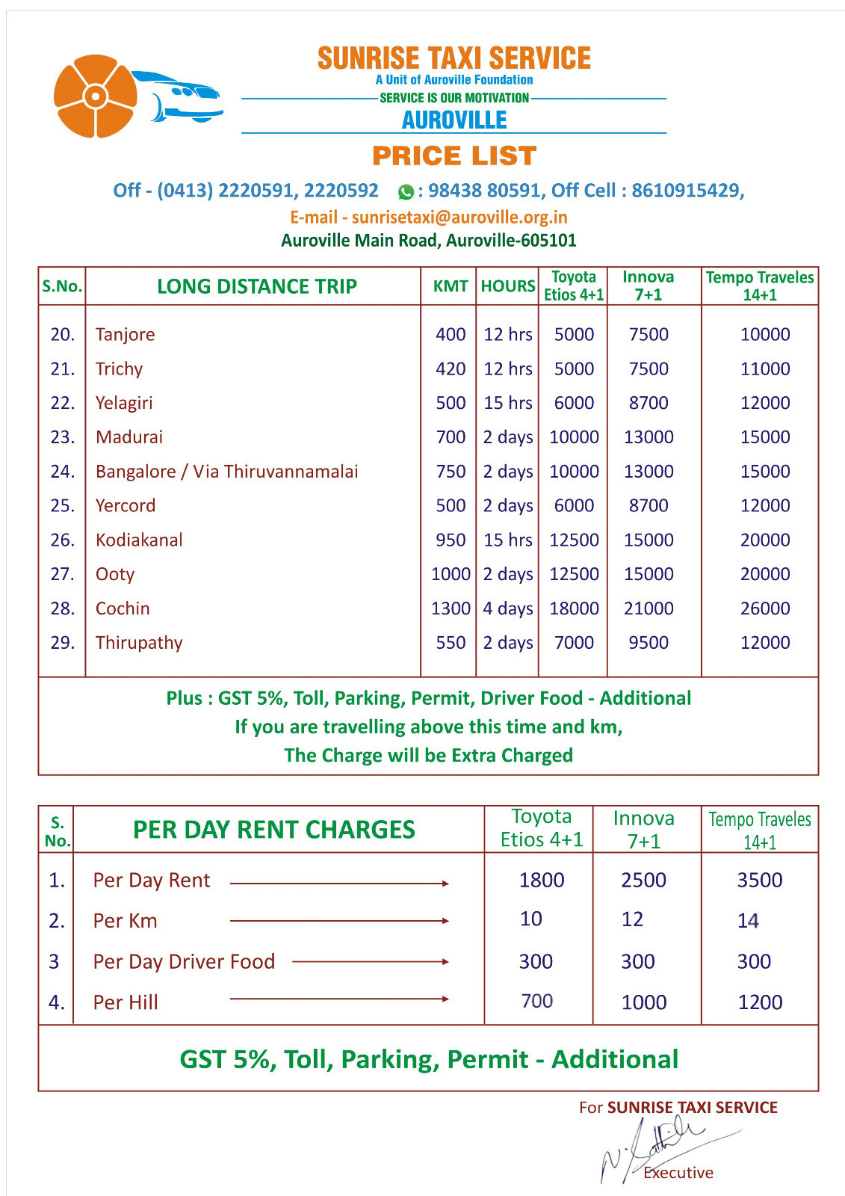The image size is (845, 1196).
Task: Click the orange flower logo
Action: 96,96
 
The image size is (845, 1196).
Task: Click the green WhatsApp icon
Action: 406,192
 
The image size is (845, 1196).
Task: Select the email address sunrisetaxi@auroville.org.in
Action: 459,218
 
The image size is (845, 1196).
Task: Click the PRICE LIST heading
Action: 454,156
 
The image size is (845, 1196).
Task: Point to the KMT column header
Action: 451,286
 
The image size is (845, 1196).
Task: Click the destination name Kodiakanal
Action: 139,540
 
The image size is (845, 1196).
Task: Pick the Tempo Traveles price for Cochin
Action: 764,608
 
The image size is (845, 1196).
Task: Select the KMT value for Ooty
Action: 451,574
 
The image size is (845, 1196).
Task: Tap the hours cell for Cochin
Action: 507,608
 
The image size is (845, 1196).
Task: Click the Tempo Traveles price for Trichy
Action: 764,369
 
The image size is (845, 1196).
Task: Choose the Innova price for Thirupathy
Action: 648,643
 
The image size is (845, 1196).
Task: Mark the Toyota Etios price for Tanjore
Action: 574,334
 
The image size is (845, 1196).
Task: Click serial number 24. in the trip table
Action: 63,472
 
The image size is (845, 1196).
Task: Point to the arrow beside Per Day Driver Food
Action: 370,961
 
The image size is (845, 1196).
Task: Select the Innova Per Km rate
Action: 632,919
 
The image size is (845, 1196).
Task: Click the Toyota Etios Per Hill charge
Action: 536,1001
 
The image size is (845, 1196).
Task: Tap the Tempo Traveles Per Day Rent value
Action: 759,880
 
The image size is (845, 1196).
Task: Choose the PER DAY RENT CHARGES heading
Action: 273,830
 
